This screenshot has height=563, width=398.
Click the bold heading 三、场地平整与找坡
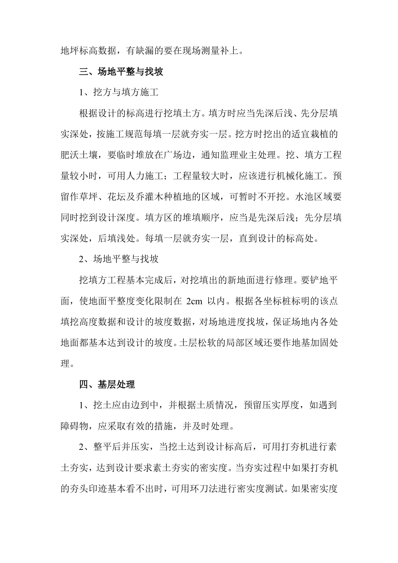coord(121,72)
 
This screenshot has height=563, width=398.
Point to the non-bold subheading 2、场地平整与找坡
coord(119,259)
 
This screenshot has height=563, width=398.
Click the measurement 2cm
coord(195,301)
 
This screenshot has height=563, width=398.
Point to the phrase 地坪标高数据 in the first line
coord(88,51)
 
